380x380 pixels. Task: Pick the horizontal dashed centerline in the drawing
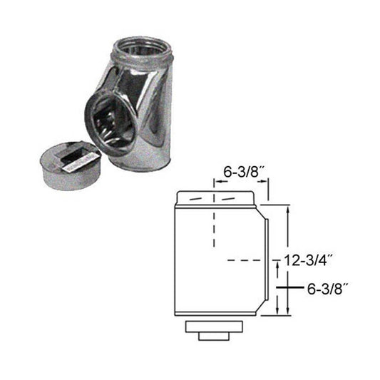(240, 261)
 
